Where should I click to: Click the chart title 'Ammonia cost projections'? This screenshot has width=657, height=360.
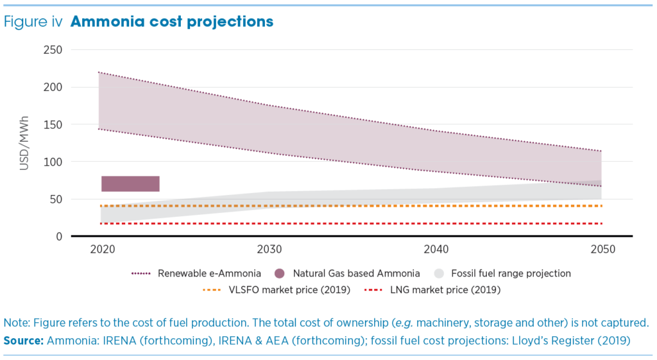[x=171, y=22]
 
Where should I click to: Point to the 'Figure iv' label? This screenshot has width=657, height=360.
[x=33, y=22]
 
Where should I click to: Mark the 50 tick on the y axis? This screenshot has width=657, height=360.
[x=56, y=199]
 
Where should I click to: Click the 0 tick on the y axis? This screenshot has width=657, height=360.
[x=58, y=237]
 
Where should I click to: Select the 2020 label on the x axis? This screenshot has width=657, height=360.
[x=103, y=249]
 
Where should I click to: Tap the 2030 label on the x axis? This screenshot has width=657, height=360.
[x=268, y=249]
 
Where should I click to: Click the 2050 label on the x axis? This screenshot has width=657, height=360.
[x=602, y=249]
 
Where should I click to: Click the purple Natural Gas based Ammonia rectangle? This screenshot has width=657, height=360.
[x=130, y=184]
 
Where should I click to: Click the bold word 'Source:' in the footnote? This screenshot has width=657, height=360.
[x=24, y=340]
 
